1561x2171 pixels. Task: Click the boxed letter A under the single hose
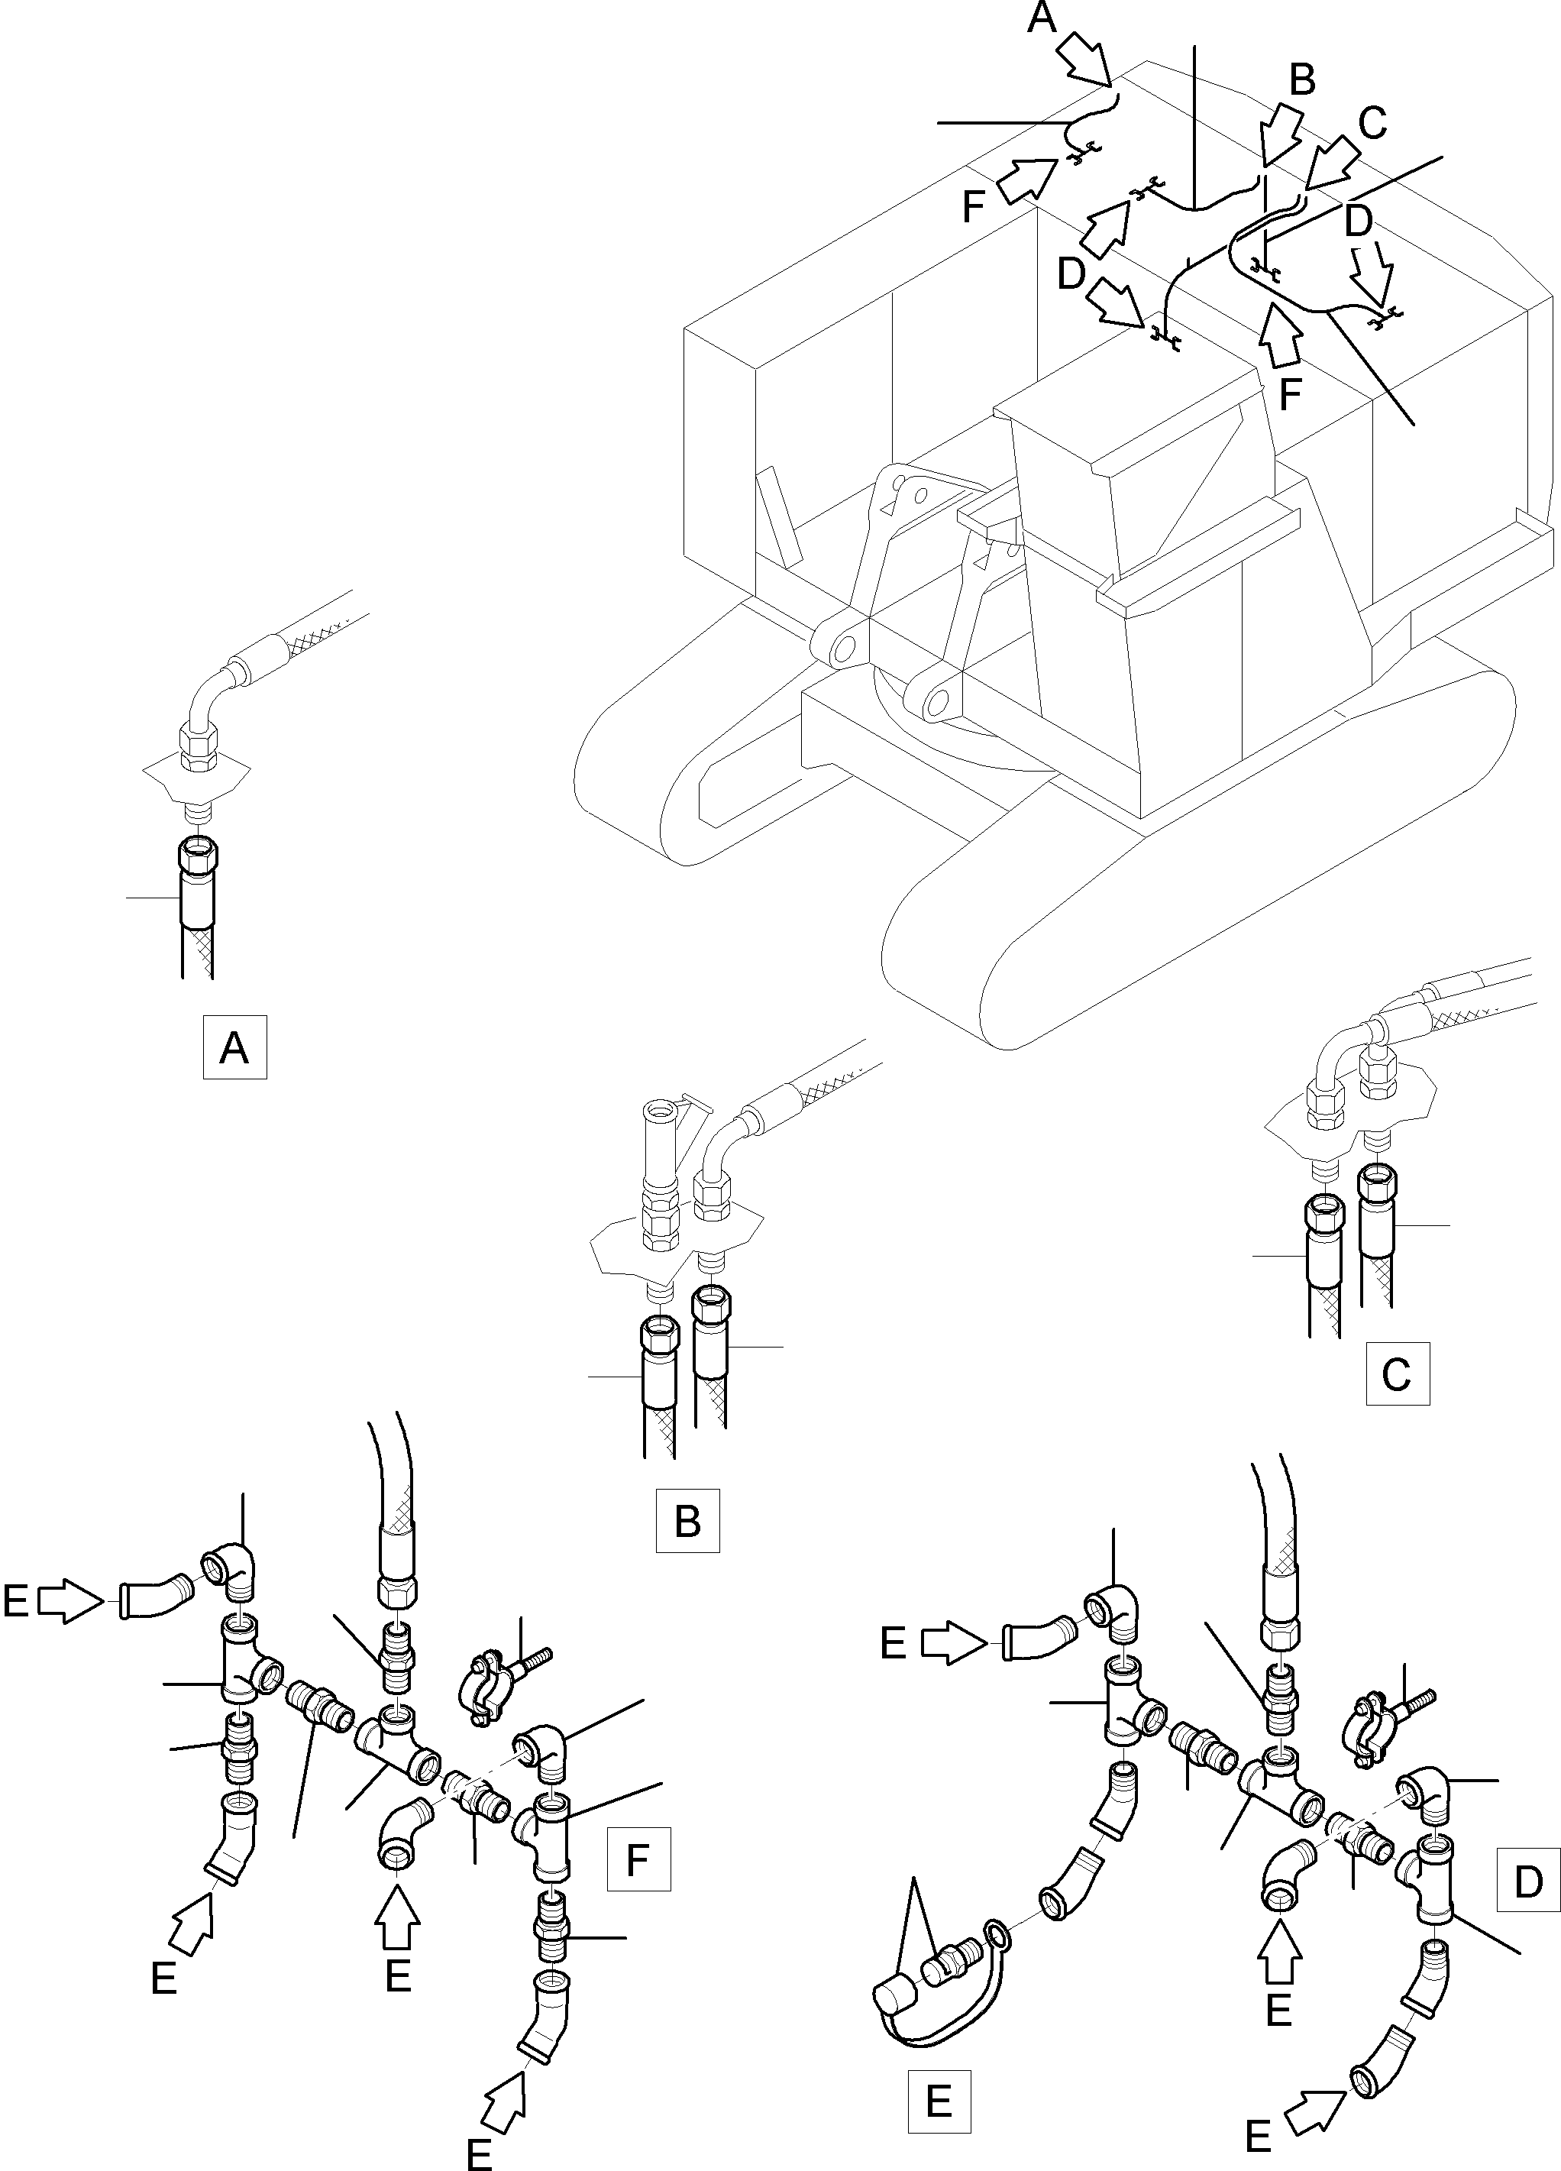coord(234,1048)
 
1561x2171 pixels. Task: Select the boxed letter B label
coord(687,1520)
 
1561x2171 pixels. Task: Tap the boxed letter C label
coord(1398,1373)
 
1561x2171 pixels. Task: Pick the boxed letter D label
coord(1527,1882)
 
